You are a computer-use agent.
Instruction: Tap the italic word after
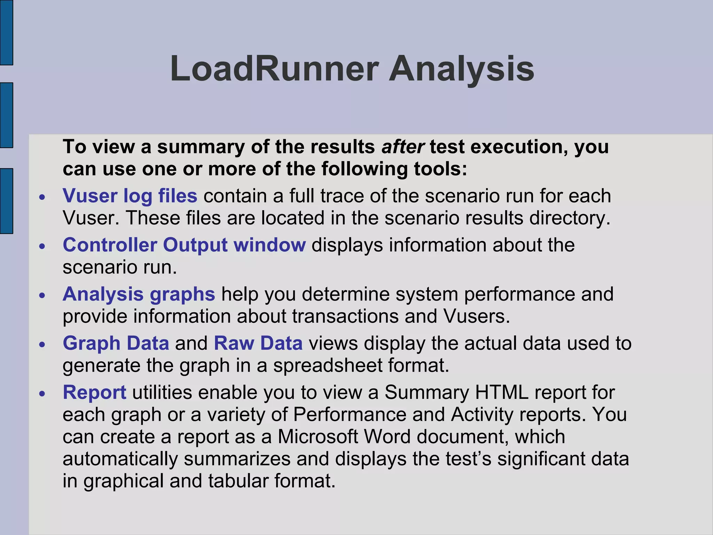(x=403, y=147)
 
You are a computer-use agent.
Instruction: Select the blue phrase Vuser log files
(x=130, y=196)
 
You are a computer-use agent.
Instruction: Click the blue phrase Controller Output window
(x=184, y=245)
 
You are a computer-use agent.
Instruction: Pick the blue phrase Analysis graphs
(x=139, y=294)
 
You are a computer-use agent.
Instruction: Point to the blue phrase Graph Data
(x=116, y=343)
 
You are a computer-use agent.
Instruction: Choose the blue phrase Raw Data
(x=258, y=343)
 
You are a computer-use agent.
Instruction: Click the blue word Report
(x=94, y=392)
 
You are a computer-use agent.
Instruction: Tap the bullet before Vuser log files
(x=42, y=197)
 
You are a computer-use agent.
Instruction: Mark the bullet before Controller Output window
(x=42, y=247)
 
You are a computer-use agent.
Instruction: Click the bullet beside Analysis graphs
(x=42, y=296)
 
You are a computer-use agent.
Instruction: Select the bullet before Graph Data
(x=42, y=345)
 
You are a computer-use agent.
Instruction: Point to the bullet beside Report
(x=42, y=394)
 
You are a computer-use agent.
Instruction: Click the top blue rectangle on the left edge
(x=6, y=32)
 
